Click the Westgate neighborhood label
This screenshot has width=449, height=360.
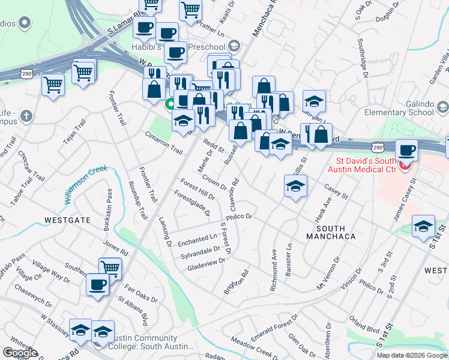click(x=67, y=220)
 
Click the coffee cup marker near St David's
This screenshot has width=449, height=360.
click(x=407, y=150)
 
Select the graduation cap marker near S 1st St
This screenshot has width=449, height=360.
click(x=424, y=226)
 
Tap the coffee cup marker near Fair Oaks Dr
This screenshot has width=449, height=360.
click(x=98, y=286)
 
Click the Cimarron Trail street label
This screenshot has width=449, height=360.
click(x=163, y=142)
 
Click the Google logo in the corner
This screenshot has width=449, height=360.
click(x=20, y=353)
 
